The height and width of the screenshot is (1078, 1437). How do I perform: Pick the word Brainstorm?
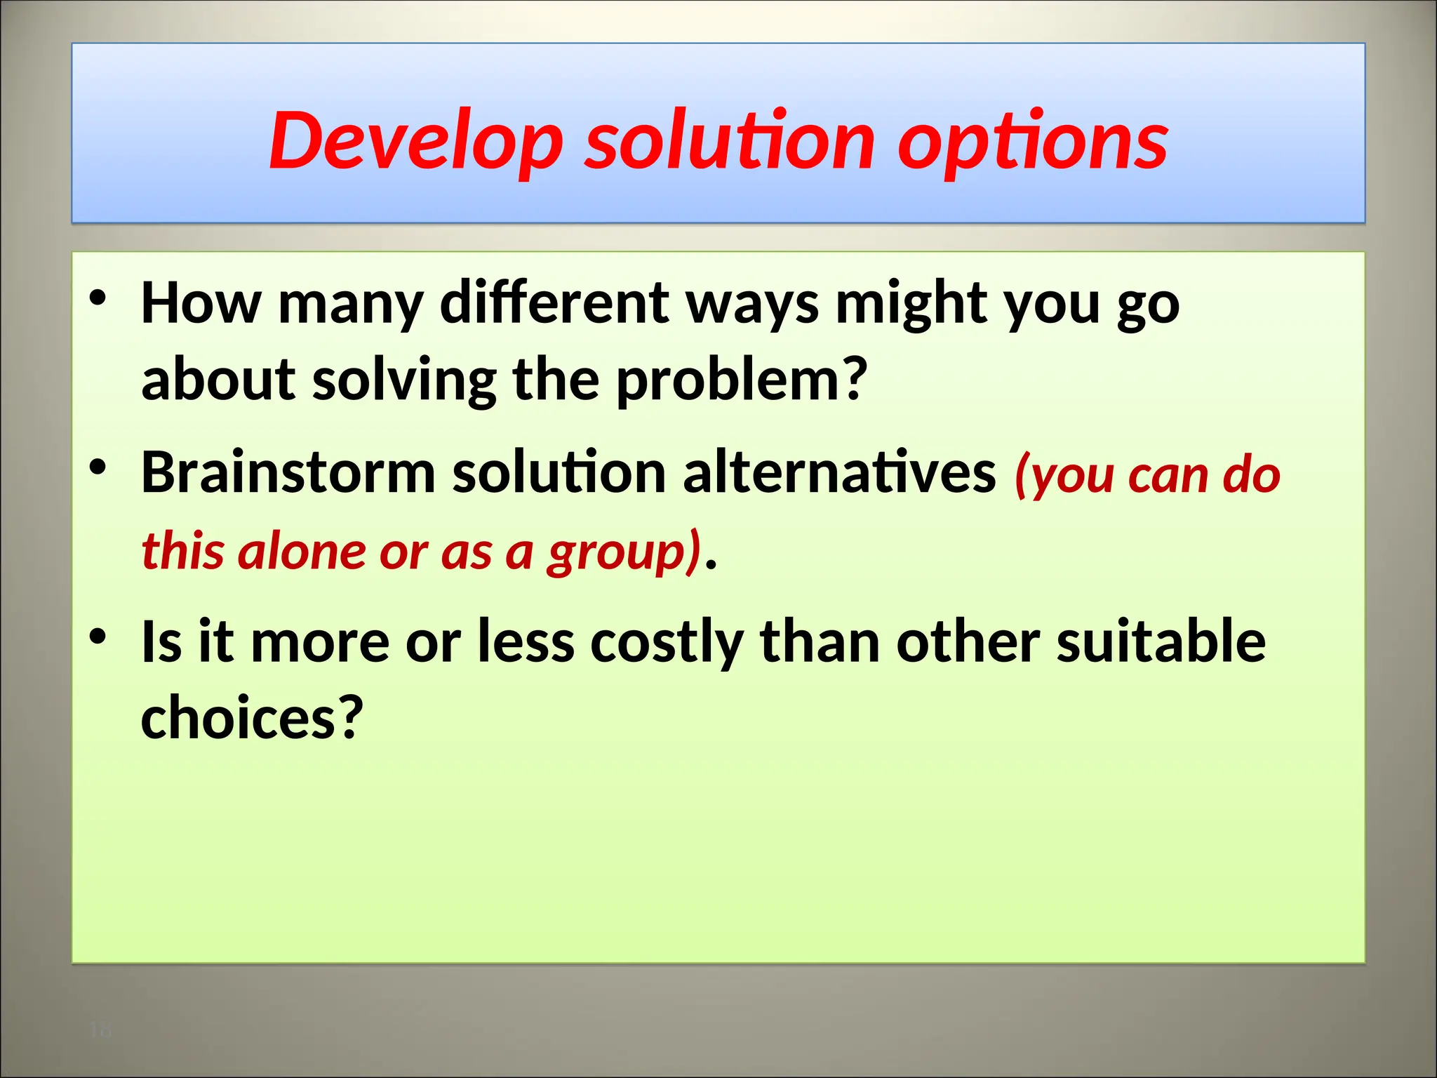click(288, 472)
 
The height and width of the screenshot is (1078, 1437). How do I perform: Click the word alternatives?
click(838, 472)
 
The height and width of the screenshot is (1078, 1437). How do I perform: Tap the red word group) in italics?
click(624, 551)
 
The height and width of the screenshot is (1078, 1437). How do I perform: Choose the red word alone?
click(302, 551)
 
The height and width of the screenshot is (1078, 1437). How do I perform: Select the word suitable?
click(1161, 641)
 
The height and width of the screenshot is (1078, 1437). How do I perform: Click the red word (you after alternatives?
click(1063, 475)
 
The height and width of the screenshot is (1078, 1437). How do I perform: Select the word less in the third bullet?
click(526, 641)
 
